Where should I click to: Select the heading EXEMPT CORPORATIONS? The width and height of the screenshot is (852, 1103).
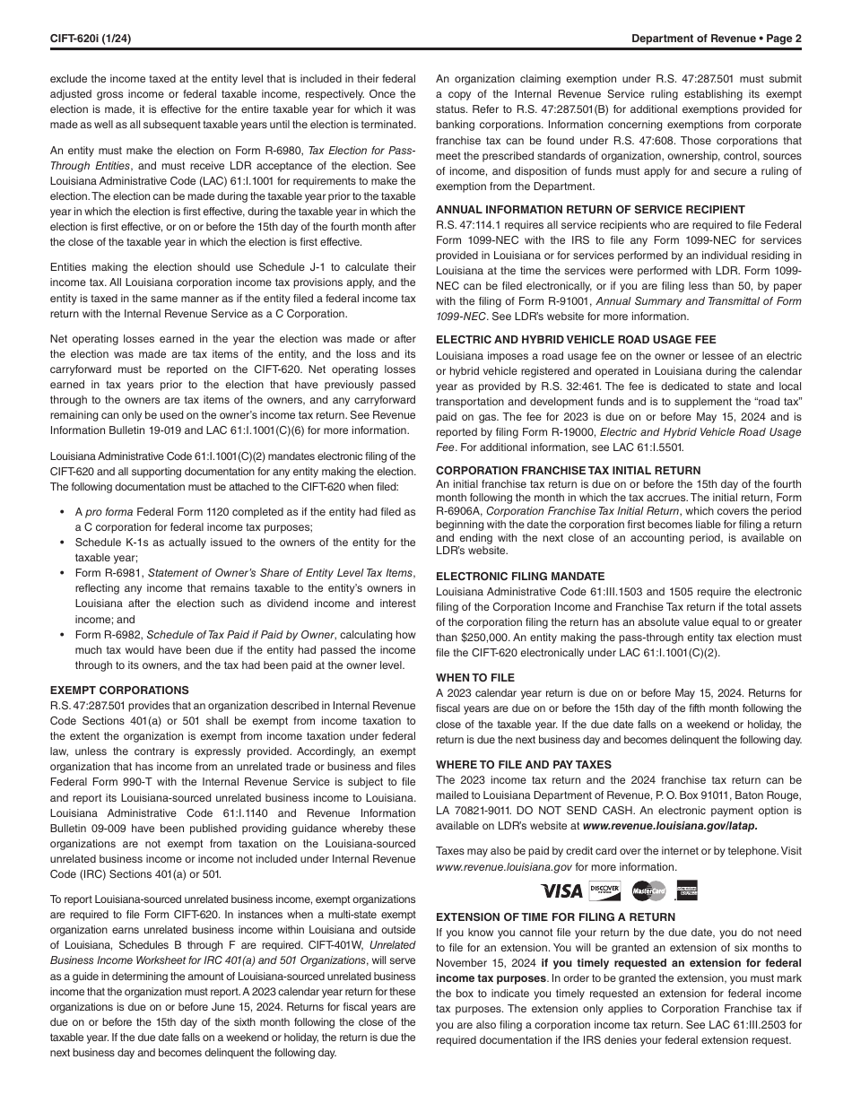pos(119,690)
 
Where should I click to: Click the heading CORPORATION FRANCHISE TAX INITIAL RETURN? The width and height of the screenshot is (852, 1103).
pos(568,471)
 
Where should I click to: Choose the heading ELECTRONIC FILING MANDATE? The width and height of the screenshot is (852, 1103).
pos(520,577)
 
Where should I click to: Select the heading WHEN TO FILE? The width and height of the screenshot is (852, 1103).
pos(475,678)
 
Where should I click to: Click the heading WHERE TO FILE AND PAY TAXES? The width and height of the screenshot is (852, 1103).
pos(524,765)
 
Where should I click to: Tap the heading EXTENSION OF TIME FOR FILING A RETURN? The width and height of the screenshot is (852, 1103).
pos(555,917)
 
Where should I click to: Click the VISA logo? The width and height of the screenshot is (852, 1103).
pos(561,891)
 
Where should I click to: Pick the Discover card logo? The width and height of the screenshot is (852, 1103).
pos(604,890)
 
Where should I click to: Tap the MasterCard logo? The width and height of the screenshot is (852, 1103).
pos(648,890)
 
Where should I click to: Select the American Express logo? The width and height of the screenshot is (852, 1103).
pos(688,890)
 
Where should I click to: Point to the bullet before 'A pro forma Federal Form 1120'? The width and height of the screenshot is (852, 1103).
pos(65,512)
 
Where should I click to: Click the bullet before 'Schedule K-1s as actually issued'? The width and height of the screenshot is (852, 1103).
pos(65,543)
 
